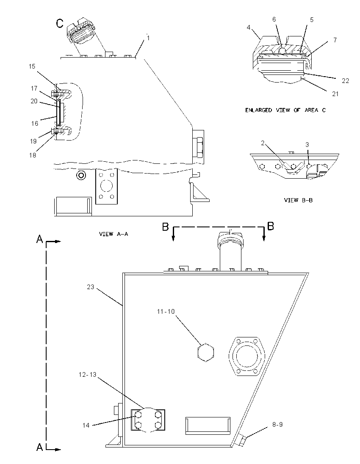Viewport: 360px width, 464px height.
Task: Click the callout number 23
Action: click(x=91, y=287)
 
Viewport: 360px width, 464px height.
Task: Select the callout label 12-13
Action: click(x=87, y=374)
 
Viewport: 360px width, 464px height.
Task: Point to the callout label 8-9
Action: click(x=277, y=424)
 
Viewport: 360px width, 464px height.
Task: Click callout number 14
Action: click(x=86, y=425)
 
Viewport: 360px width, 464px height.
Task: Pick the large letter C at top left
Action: click(x=60, y=23)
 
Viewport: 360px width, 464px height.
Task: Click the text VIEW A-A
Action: click(x=114, y=234)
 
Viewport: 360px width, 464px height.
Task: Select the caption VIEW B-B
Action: click(x=298, y=200)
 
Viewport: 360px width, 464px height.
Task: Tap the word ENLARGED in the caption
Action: click(x=258, y=110)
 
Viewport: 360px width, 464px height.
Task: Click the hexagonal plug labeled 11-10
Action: click(x=205, y=352)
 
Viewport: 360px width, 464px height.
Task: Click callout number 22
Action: click(x=345, y=80)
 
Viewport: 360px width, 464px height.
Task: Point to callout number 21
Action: click(x=335, y=94)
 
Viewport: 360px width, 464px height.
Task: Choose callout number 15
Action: click(x=32, y=66)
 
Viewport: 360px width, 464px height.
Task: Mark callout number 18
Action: click(x=33, y=155)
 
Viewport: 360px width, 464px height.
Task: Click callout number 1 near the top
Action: click(x=148, y=38)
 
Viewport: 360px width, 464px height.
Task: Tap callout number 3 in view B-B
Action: click(x=307, y=144)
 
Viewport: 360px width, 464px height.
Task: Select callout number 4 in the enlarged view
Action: click(x=248, y=27)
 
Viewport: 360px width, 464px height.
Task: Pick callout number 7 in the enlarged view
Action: click(x=335, y=40)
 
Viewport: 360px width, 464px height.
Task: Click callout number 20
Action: click(x=34, y=101)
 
